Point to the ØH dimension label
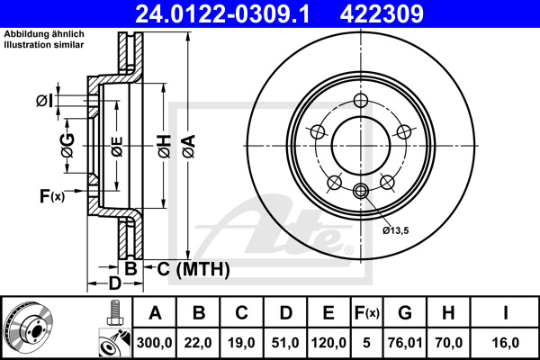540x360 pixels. [162, 144]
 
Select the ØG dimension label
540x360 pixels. [67, 141]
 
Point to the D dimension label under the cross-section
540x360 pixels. [115, 284]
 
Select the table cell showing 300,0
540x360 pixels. [155, 342]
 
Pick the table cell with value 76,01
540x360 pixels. [405, 342]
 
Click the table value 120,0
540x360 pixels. [328, 342]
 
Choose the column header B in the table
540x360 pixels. [199, 314]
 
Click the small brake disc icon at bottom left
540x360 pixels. [30, 328]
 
